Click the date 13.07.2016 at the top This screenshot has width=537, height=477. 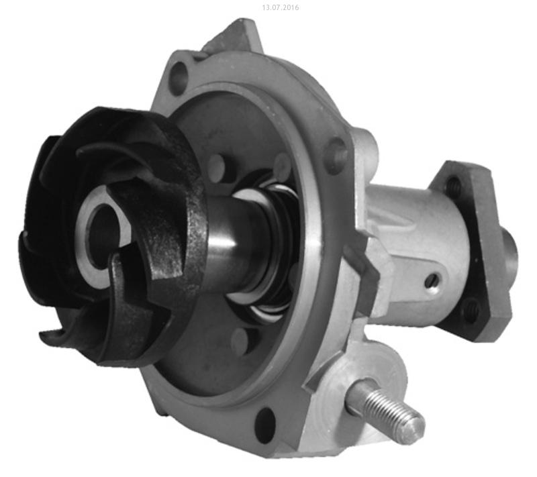tap(280, 7)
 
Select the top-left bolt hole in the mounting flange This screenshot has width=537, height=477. tap(179, 74)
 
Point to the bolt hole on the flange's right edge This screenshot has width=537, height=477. tap(337, 153)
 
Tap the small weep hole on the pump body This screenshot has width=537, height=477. tap(432, 280)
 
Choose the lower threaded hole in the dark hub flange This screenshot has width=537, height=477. tap(473, 311)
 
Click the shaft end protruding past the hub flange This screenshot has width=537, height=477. tap(510, 254)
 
